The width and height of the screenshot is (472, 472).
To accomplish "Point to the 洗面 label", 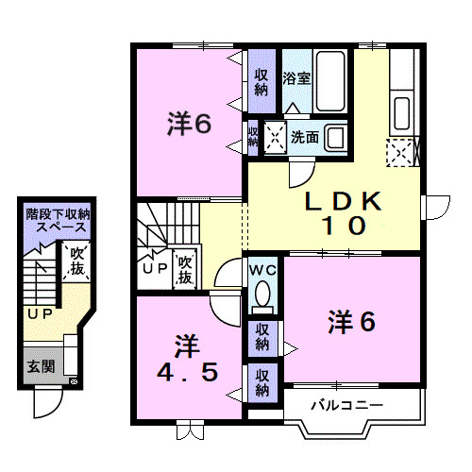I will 305,137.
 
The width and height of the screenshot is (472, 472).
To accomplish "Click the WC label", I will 261,271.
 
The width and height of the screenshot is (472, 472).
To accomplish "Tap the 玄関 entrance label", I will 40,366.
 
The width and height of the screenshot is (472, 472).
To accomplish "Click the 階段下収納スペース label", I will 59,221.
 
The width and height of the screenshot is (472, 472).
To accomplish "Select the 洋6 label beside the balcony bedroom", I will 351,322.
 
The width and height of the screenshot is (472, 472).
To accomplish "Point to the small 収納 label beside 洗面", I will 253,136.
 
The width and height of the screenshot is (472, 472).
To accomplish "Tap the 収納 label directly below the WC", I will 261,337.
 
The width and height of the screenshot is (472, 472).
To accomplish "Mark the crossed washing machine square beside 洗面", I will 277,138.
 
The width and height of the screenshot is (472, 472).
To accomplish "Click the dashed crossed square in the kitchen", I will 398,152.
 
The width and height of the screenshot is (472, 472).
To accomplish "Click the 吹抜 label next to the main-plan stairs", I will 184,268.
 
